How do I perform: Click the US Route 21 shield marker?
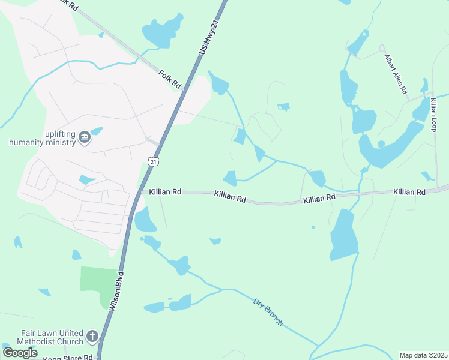click(154, 161)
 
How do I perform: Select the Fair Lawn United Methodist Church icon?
click(92, 336)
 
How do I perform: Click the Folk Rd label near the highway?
click(170, 79)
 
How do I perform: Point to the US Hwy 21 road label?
click(208, 35)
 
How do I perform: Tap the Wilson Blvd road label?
click(118, 291)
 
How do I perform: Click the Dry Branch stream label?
click(268, 312)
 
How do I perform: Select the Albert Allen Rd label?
click(396, 74)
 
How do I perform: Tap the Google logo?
click(20, 353)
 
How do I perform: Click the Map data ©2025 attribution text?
click(423, 355)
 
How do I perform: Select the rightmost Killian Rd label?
click(409, 192)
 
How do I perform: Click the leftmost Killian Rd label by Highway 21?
click(165, 191)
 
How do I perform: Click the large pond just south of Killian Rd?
click(343, 235)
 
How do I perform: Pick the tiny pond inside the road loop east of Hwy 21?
click(283, 107)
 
